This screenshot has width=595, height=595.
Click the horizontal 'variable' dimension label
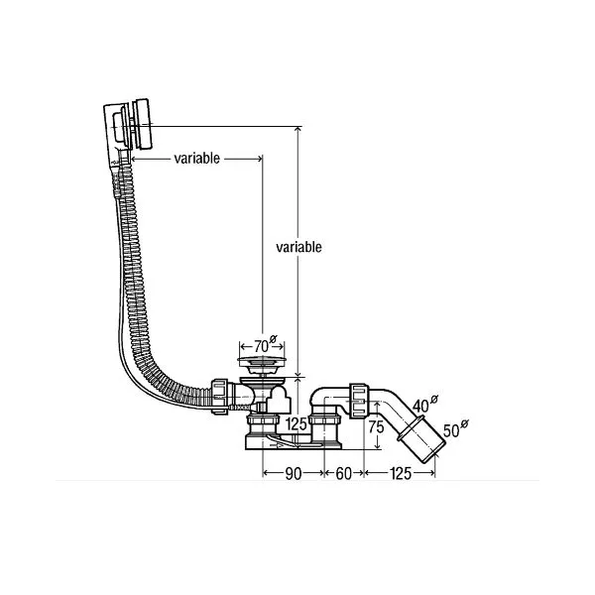[x=197, y=158]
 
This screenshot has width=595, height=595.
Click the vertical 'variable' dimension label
[x=298, y=247]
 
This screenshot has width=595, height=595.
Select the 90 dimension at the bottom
[x=293, y=474]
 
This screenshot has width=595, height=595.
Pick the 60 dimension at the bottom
[x=344, y=474]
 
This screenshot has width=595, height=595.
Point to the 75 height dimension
[x=376, y=427]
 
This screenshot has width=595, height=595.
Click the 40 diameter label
[x=424, y=404]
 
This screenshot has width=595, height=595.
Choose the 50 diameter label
[x=455, y=428]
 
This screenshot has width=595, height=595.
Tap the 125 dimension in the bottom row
[x=401, y=474]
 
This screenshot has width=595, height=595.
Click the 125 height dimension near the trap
[x=296, y=423]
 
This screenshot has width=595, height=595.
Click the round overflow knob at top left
[x=142, y=124]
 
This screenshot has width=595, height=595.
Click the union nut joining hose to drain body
[x=220, y=397]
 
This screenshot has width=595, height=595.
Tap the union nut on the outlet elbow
[x=359, y=401]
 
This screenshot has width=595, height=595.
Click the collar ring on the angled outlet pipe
[x=411, y=428]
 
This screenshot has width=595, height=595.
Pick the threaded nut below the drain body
[x=263, y=420]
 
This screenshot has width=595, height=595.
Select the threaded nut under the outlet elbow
[x=324, y=420]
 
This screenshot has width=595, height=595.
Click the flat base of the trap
[x=294, y=444]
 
